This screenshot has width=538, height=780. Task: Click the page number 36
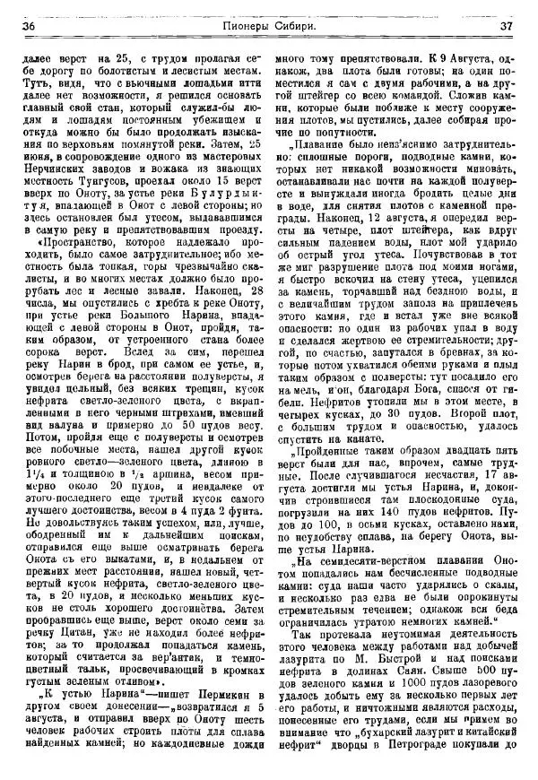[29, 27]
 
